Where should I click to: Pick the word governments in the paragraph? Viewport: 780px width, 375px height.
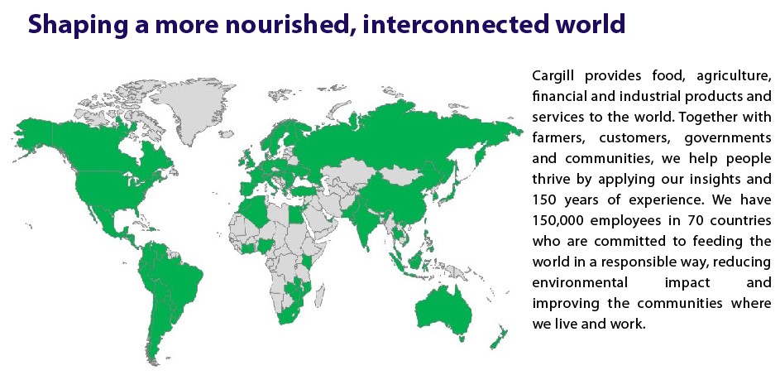(728, 138)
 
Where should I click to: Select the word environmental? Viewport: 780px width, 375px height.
(580, 282)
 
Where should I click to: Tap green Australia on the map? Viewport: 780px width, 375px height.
(443, 310)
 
